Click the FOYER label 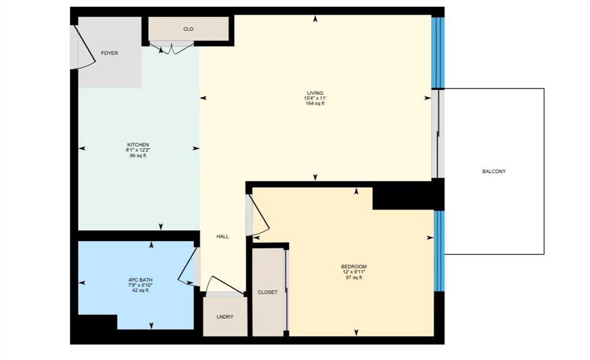tap(109, 54)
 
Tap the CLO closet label tap(188, 29)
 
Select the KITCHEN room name tap(138, 145)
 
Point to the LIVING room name tap(315, 93)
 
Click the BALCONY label tap(494, 172)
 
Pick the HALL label tap(222, 237)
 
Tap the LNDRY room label tap(225, 317)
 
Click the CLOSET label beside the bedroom tap(267, 292)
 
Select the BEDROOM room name tap(354, 267)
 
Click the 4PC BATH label tap(141, 281)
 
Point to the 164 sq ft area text tap(315, 104)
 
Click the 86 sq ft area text tap(138, 156)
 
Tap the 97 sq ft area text tap(354, 278)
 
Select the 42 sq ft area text tap(141, 290)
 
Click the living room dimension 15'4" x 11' tap(315, 98)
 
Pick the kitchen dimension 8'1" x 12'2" tap(138, 150)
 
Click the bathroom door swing tap(187, 268)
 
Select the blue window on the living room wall tap(438, 52)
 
